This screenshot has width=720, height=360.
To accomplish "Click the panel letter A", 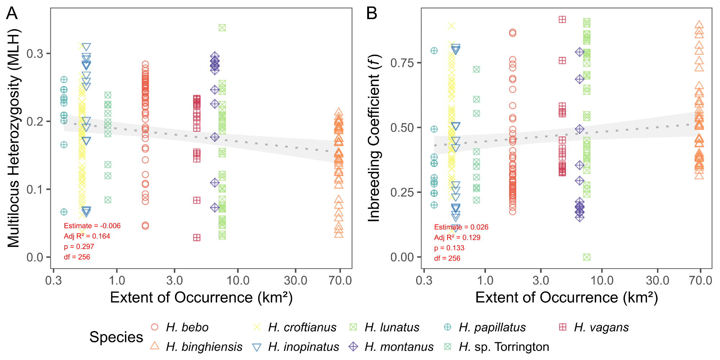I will click(12, 14).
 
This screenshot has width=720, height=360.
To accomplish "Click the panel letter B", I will click(372, 14).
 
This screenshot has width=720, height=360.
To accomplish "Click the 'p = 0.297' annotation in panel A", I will click(79, 247).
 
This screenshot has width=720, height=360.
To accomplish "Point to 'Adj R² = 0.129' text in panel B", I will click(457, 238).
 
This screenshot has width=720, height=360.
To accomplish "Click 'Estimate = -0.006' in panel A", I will click(92, 226).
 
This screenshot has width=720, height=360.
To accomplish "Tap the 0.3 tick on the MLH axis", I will click(35, 54).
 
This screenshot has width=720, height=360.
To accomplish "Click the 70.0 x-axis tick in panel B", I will click(701, 280).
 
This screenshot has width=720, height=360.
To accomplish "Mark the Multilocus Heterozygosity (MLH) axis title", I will click(14, 138).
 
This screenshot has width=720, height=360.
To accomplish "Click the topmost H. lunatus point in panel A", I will click(222, 28).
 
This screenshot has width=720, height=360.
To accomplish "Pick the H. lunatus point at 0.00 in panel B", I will click(587, 257).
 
